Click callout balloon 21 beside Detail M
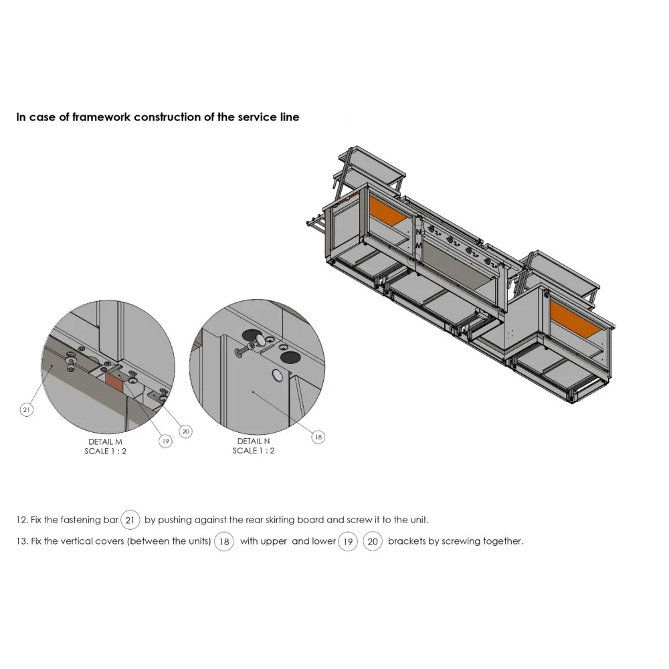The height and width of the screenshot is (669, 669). point(27,410)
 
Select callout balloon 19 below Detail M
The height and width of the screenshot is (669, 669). point(165,441)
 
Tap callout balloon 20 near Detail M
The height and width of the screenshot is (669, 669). point(185,432)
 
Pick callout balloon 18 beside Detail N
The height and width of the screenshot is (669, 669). point(318,437)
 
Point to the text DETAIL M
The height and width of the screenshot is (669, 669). point(106,442)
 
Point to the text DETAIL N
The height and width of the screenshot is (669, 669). point(254,442)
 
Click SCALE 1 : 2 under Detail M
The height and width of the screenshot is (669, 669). point(106,451)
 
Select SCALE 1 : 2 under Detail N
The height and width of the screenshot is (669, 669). point(254,451)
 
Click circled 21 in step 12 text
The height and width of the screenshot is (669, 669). point(131,520)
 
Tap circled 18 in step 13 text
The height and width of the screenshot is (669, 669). point(223,541)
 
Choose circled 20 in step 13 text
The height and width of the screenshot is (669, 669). point(373,541)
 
